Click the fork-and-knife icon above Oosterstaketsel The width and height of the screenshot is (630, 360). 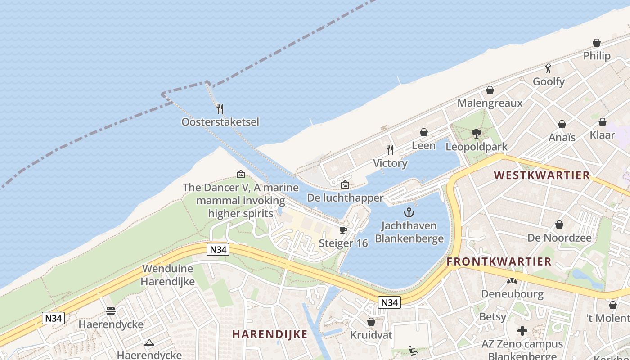tap(220, 108)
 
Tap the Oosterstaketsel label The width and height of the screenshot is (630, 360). tap(220, 122)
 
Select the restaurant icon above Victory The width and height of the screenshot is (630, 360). tap(390, 150)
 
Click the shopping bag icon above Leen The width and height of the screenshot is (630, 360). tap(423, 132)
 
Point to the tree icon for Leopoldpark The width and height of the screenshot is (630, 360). tap(477, 133)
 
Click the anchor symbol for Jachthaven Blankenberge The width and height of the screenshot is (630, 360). tap(409, 212)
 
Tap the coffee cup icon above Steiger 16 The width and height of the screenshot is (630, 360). tap(343, 230)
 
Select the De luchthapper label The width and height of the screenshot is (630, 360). tap(345, 198)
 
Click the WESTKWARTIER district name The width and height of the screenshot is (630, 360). tap(542, 175)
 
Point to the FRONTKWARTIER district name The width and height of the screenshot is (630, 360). tap(499, 261)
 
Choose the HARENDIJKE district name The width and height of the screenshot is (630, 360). tap(270, 334)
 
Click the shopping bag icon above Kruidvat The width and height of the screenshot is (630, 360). tap(371, 322)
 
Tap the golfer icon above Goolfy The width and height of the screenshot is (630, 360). tap(548, 68)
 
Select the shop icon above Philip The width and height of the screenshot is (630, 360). tap(597, 43)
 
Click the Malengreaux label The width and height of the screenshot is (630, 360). tap(490, 103)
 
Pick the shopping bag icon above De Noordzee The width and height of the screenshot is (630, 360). tap(559, 224)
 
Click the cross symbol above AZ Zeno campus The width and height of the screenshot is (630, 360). tap(522, 331)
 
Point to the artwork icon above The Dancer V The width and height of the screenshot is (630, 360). tap(241, 174)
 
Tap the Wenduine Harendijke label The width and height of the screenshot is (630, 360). tap(168, 275)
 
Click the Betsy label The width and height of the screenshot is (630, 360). tap(493, 317)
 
